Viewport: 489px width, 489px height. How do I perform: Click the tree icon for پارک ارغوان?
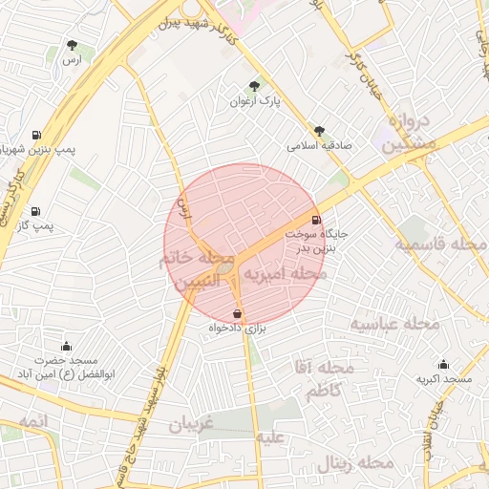(253, 86)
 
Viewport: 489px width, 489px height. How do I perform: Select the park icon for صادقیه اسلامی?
(319, 132)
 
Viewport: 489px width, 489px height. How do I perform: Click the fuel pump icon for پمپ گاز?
(35, 211)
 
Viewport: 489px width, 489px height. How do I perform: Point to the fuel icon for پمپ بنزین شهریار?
(36, 135)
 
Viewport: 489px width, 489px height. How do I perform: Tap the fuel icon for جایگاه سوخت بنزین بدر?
(316, 218)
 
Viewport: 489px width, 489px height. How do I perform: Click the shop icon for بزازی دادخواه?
(237, 313)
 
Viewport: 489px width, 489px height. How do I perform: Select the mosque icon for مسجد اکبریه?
(443, 364)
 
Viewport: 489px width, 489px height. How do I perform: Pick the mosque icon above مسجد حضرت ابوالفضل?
(66, 346)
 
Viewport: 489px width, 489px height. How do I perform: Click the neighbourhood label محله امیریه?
(286, 274)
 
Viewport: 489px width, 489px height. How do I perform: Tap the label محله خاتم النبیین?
(199, 270)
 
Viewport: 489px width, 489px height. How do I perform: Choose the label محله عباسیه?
(393, 325)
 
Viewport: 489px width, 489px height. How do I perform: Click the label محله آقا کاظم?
(330, 379)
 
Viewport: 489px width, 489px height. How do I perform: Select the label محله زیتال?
(357, 462)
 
